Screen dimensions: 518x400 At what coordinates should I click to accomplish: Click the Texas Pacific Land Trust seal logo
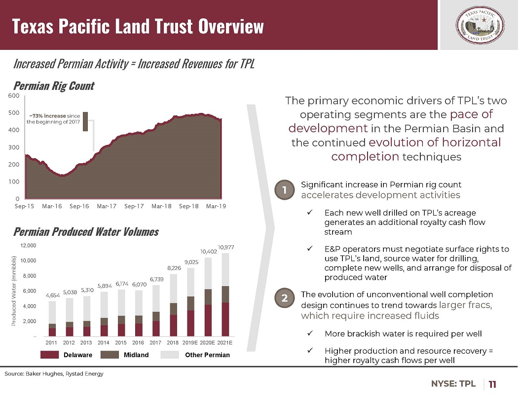coord(480,26)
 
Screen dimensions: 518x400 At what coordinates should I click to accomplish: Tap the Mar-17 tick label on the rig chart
coord(107,206)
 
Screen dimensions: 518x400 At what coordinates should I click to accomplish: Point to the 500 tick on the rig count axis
coord(14,112)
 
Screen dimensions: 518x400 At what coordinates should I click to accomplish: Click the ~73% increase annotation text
coord(53,119)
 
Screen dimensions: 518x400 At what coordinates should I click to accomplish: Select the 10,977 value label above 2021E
coord(226,247)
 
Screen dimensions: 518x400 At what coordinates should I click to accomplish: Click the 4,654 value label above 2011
coord(52,295)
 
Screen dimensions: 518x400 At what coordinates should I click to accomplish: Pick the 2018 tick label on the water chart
coord(173,342)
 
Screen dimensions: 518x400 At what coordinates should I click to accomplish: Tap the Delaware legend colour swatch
coord(49,355)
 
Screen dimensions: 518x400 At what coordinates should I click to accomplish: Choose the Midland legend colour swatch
coord(110,355)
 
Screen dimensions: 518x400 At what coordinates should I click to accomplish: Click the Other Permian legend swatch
coord(170,355)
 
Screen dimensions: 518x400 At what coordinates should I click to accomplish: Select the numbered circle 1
coord(285,190)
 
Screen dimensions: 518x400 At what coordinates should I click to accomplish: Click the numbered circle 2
coord(285,298)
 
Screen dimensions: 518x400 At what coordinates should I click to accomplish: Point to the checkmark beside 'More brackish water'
coord(310,333)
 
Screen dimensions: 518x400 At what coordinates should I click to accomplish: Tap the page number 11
coord(492,384)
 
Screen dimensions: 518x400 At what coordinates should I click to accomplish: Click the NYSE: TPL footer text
coord(453,384)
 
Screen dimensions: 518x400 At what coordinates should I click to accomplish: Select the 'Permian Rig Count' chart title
coord(54,86)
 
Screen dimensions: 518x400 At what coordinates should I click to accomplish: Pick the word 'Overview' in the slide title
coord(231,26)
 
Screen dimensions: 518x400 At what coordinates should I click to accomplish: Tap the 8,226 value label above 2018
coord(174,268)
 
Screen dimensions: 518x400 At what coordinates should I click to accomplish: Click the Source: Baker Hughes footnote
coord(54,373)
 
